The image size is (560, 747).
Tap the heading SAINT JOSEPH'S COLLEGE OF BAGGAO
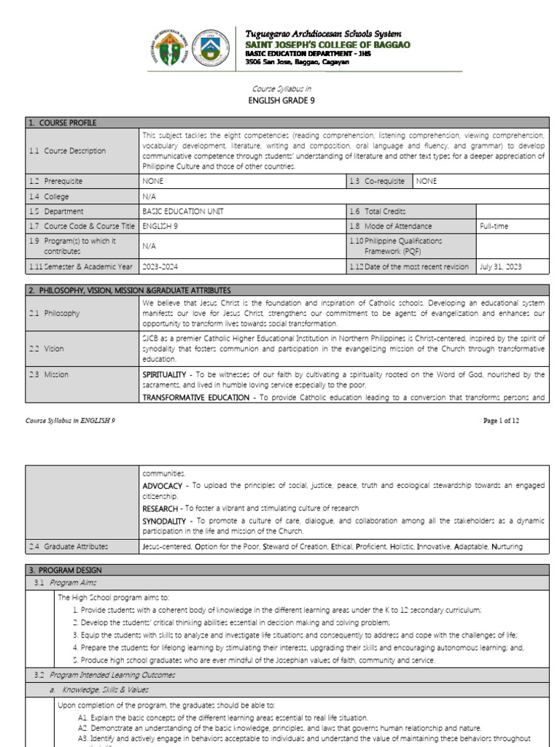tap(327, 45)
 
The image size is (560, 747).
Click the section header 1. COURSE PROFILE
tap(63, 123)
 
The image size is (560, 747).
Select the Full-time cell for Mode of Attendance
tap(494, 226)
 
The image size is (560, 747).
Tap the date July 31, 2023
tap(501, 267)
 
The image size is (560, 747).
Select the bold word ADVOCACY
tap(163, 486)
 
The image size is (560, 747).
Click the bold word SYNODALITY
tap(166, 522)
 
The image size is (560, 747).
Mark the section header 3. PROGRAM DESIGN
tap(66, 570)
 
